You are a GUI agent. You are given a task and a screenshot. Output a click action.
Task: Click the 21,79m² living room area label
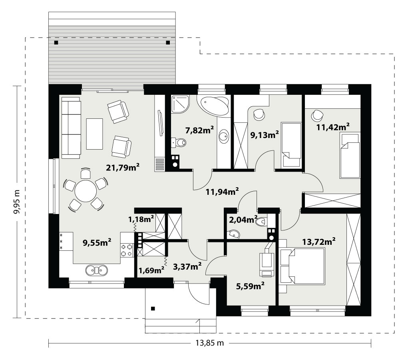123,167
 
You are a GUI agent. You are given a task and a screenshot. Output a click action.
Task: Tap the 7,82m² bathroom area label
199,130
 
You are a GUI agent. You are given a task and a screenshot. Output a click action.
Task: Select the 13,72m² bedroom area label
319,242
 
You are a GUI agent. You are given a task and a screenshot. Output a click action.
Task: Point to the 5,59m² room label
250,286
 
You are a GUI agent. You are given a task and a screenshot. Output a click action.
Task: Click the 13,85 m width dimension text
209,343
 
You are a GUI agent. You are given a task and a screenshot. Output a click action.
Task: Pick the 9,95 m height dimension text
17,202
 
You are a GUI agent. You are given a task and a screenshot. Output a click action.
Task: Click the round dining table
86,191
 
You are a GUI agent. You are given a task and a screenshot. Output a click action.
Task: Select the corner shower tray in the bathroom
180,104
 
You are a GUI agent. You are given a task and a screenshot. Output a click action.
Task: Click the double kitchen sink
97,270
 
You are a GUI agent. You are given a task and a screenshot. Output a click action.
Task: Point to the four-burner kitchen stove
127,250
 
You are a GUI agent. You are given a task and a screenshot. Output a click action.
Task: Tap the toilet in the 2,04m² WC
261,222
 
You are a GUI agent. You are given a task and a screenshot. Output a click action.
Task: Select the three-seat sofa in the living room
71,128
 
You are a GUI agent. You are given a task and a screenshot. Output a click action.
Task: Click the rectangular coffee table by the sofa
95,134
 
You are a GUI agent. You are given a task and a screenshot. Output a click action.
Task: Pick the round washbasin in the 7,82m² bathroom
224,136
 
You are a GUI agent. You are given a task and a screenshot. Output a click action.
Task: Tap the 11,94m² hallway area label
222,192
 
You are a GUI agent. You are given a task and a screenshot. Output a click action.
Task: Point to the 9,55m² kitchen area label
97,242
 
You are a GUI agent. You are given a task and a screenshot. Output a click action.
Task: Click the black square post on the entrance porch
153,308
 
